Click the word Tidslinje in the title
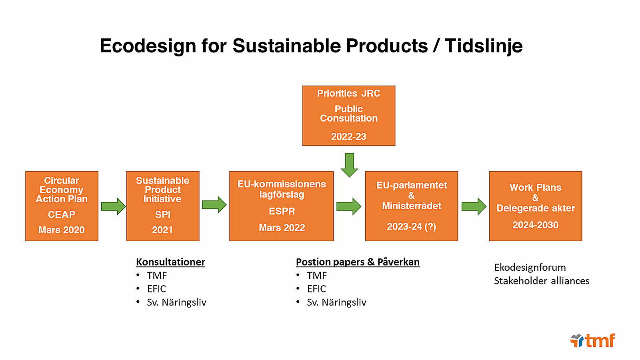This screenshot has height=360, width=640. (483, 46)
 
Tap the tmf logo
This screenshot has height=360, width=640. (593, 341)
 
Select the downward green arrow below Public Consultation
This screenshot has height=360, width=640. (349, 164)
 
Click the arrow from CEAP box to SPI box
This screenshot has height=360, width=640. (113, 206)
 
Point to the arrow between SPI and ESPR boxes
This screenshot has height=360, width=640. (214, 205)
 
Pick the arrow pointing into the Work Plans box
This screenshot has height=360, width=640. (474, 206)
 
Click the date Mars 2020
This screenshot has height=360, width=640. (62, 230)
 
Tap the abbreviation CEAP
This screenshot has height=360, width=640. (62, 215)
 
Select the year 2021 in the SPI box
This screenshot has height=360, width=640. (162, 230)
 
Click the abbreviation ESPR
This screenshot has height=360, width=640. (282, 211)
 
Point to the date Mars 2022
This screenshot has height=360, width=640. (282, 228)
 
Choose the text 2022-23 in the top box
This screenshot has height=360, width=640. (348, 137)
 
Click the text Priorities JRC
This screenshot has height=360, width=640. (348, 94)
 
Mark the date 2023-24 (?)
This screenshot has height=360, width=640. (411, 227)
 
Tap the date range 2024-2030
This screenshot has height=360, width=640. (535, 225)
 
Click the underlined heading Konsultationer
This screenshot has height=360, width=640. (170, 262)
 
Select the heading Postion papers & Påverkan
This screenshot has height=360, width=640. (358, 262)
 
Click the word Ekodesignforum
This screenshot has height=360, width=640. (530, 267)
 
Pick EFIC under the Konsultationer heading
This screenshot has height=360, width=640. (156, 289)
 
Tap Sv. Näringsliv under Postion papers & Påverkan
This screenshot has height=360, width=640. (336, 302)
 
